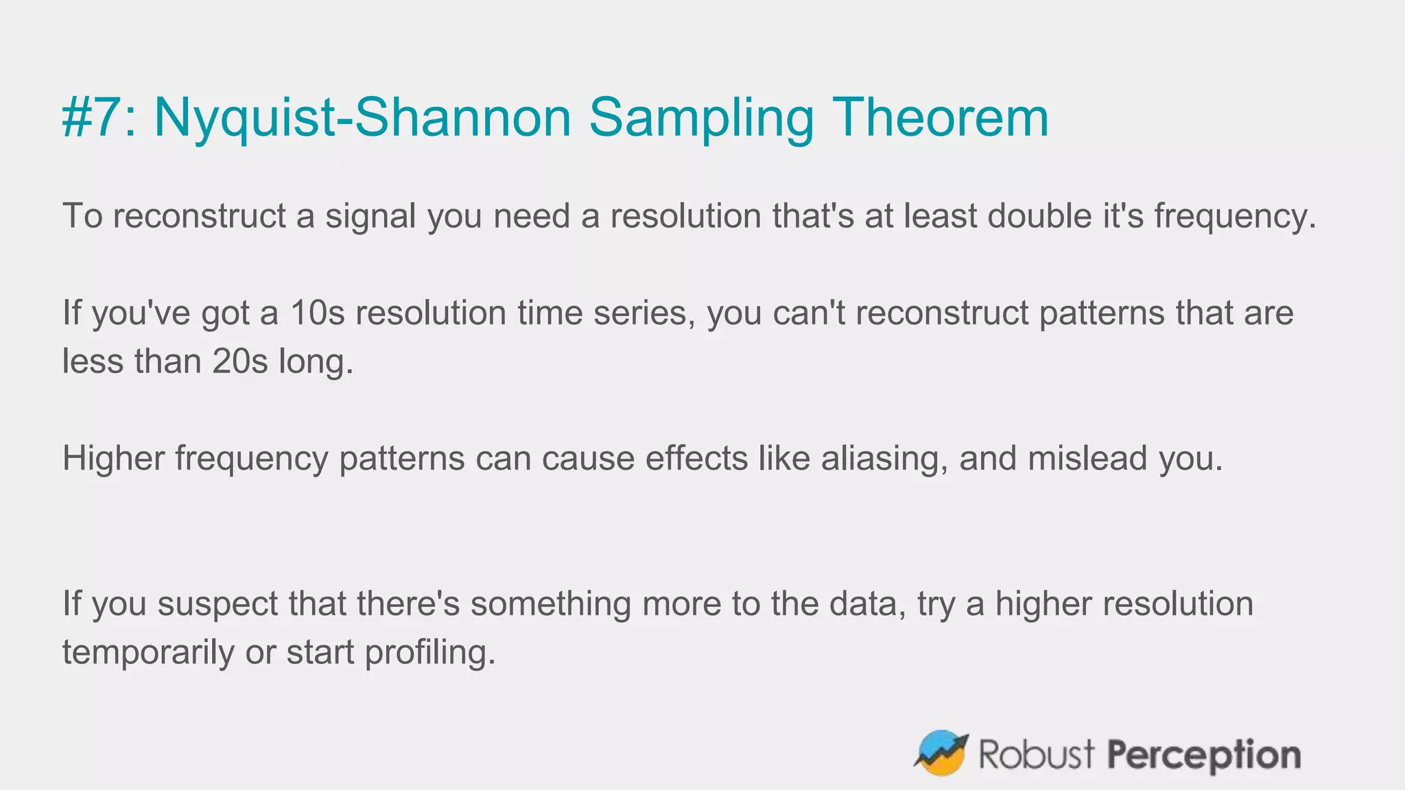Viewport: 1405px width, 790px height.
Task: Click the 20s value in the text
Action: click(239, 361)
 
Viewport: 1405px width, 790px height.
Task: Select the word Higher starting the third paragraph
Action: click(113, 458)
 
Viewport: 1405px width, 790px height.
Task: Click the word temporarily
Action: click(148, 653)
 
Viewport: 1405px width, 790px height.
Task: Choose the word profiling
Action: click(429, 653)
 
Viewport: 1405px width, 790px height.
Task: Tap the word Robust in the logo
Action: click(1036, 754)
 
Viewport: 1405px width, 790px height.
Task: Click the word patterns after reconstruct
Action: click(1102, 313)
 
